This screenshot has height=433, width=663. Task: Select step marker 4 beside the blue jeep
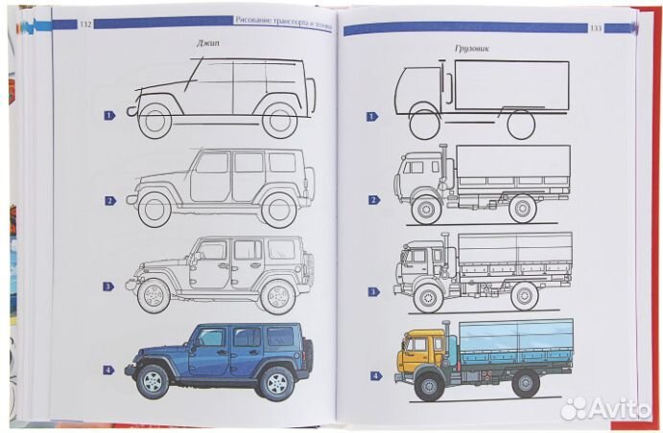[110, 370]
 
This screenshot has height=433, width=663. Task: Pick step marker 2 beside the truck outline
[372, 199]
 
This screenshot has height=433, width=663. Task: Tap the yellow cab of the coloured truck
[415, 350]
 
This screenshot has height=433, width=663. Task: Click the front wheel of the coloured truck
[428, 386]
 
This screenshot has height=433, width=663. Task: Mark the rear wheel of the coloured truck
[525, 383]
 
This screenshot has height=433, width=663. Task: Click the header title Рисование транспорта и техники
[284, 20]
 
